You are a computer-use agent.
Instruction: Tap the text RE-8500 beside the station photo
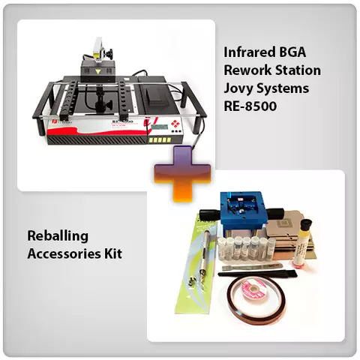click(250, 106)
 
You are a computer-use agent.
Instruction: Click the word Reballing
click(58, 236)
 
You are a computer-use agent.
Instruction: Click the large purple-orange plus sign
click(182, 174)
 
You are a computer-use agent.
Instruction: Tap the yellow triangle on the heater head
click(97, 72)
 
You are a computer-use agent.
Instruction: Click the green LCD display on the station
click(160, 127)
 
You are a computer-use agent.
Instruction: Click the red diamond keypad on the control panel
click(175, 123)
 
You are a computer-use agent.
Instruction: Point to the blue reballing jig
click(241, 210)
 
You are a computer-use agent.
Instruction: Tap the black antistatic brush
click(257, 274)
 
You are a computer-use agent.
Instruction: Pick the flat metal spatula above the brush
click(250, 267)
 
